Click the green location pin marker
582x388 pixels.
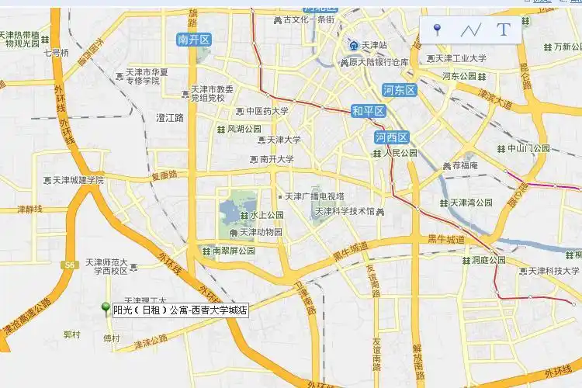(x=106, y=308)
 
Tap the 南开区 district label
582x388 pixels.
(x=194, y=40)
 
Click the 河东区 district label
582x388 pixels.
(x=400, y=90)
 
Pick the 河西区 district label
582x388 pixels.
(x=391, y=137)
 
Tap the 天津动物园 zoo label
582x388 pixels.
(x=260, y=232)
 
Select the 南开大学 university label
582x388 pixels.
(x=276, y=160)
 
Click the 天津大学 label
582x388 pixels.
(x=283, y=140)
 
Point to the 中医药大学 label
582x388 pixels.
(x=267, y=111)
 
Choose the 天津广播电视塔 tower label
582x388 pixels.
(x=314, y=196)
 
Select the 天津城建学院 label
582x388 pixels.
(x=78, y=180)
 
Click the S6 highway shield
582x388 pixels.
(x=70, y=265)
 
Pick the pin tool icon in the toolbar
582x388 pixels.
(x=437, y=30)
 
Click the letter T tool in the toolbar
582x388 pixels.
(x=504, y=30)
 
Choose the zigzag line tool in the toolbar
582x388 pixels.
(x=470, y=30)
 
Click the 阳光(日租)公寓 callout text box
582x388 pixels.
(x=180, y=310)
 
